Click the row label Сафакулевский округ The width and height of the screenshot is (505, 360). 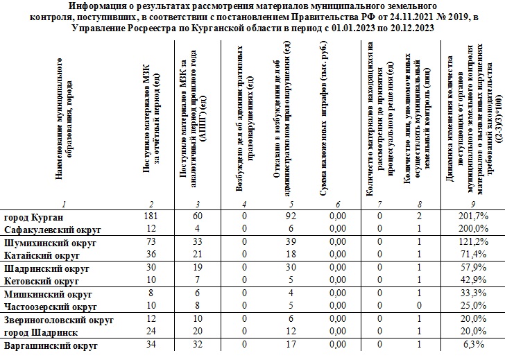point(52,229)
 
